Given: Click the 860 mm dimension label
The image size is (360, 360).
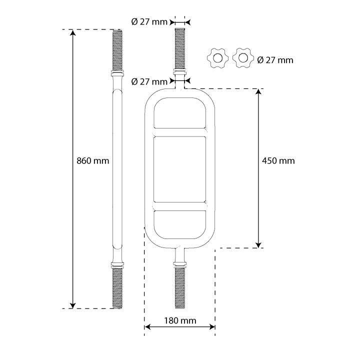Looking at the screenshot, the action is pyautogui.click(x=93, y=160).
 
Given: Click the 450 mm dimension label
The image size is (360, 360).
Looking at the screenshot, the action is pyautogui.click(x=278, y=160).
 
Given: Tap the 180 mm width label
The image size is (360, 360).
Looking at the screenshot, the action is pyautogui.click(x=180, y=320).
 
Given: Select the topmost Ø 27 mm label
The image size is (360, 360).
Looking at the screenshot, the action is pyautogui.click(x=149, y=22).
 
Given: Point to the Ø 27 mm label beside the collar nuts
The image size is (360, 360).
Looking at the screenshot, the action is pyautogui.click(x=275, y=60).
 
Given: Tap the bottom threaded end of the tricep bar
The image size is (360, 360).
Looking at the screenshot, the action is pyautogui.click(x=180, y=288).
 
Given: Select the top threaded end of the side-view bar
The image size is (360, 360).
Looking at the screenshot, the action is pyautogui.click(x=117, y=50).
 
